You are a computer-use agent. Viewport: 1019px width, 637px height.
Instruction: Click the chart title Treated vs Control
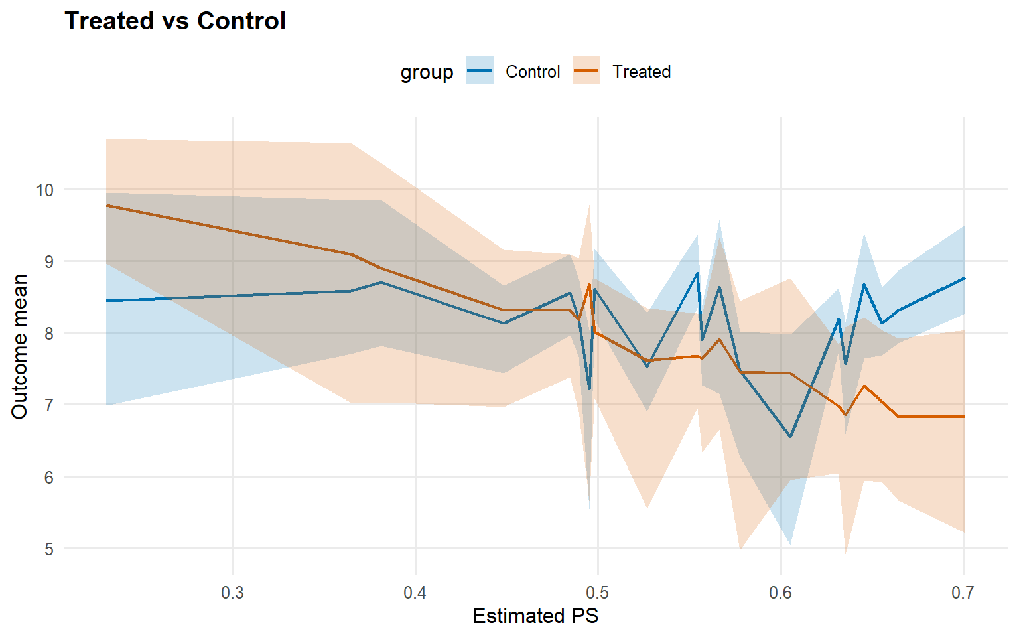(x=175, y=21)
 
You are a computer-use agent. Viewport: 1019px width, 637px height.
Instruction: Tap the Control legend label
(x=533, y=72)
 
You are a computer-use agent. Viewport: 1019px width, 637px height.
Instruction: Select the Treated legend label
(x=642, y=72)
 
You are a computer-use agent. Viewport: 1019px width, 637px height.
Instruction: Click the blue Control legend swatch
(x=479, y=71)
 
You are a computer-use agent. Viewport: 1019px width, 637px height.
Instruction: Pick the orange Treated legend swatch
(x=586, y=71)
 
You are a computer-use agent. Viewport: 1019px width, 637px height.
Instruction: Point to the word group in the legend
(x=427, y=72)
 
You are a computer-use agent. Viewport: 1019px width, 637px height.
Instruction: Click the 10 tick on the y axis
(x=44, y=190)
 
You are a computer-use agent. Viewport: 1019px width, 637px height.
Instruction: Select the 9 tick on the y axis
(x=48, y=262)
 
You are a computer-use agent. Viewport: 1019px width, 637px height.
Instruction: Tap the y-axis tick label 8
(x=48, y=334)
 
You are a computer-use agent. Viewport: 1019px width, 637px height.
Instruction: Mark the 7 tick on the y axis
(x=48, y=405)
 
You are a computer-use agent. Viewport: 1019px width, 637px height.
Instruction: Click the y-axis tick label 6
(x=48, y=478)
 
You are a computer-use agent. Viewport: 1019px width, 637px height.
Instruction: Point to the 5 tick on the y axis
(x=48, y=549)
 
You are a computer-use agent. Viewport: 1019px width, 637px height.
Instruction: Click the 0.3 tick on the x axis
(x=233, y=593)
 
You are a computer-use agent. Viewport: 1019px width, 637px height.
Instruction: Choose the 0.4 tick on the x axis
(x=415, y=593)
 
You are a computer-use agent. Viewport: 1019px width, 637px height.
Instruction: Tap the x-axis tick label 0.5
(x=598, y=593)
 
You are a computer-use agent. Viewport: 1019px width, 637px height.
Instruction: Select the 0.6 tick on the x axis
(x=781, y=593)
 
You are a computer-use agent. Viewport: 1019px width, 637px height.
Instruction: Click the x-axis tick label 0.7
(x=963, y=593)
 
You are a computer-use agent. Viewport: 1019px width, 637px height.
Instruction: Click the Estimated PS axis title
(x=535, y=616)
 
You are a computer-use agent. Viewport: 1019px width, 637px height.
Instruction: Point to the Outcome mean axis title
(x=20, y=346)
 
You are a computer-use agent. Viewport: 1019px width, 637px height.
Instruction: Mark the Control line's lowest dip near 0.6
(x=790, y=437)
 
